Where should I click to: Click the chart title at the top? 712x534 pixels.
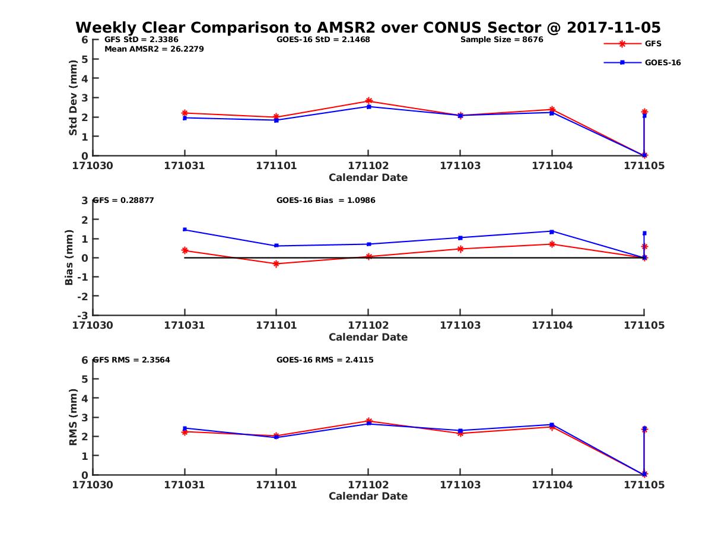(368, 28)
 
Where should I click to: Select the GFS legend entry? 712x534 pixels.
(653, 43)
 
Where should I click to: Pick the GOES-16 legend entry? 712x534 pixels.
(662, 63)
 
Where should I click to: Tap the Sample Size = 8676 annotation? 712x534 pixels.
(501, 40)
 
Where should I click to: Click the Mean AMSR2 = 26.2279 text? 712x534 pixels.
(154, 49)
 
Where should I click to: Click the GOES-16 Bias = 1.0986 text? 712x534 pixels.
(326, 200)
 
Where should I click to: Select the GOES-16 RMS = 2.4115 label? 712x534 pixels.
(325, 360)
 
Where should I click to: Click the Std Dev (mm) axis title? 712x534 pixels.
(73, 98)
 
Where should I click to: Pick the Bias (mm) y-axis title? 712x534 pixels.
(69, 258)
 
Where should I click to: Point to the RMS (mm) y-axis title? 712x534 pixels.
(73, 417)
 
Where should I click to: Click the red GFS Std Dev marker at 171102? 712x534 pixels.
(368, 101)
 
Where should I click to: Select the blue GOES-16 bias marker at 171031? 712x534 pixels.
(185, 229)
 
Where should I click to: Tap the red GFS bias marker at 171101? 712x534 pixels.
(276, 263)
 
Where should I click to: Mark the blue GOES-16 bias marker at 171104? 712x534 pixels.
(552, 231)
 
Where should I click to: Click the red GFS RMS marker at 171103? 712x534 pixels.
(460, 433)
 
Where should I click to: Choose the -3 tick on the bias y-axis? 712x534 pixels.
(85, 315)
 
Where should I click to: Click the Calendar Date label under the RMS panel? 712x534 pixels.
(368, 496)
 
